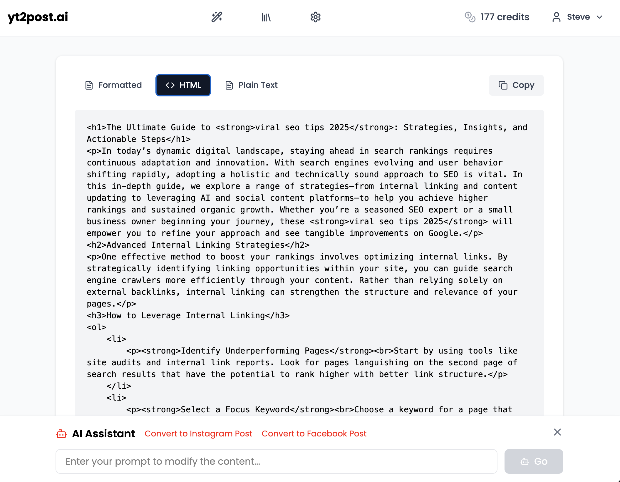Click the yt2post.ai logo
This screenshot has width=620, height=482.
coord(38,17)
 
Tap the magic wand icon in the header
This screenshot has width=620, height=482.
coord(217,17)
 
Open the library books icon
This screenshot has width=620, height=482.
coord(266,17)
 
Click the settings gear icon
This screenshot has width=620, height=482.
coord(315,17)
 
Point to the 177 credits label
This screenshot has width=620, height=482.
coord(505,17)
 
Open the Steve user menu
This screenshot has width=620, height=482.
coord(578,17)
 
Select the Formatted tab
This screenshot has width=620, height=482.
coord(114,85)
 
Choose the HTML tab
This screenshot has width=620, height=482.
coord(183,85)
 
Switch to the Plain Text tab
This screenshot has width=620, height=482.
coord(252,85)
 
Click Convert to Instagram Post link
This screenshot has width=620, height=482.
coord(198,434)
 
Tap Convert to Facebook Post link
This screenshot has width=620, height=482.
coord(314,434)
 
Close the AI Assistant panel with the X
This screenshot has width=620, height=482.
coord(557,432)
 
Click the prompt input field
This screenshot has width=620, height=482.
coord(276,461)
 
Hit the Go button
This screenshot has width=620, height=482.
coord(534,461)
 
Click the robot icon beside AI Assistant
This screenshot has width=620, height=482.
coord(61,434)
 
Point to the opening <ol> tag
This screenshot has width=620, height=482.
coord(96,327)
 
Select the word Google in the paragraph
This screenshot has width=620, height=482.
coord(443,233)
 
